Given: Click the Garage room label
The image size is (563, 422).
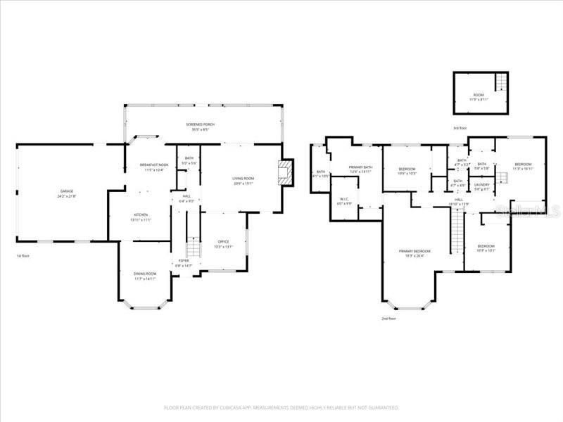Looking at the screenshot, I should click(67, 193).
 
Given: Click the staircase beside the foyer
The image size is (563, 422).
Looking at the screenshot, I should click(191, 248).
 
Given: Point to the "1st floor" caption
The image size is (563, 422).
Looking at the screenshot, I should click(23, 256).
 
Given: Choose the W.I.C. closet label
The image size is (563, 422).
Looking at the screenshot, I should click(344, 201).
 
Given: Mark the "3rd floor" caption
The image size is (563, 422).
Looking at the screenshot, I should click(460, 128).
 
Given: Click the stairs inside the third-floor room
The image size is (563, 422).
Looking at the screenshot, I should click(501, 82).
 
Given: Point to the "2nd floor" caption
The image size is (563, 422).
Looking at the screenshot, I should click(389, 319).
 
